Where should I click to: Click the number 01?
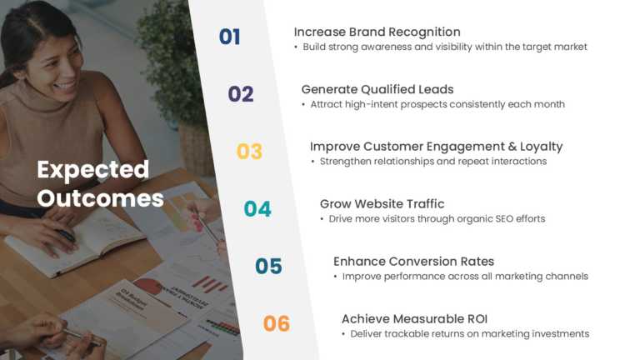[x=229, y=37]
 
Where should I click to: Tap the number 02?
[x=241, y=94]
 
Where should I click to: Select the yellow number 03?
[x=249, y=152]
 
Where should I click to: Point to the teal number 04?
[x=257, y=209]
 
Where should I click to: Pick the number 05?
[x=268, y=267]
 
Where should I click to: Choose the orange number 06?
[x=277, y=323]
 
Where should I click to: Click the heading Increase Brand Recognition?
[x=377, y=32]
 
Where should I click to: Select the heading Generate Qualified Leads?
[x=377, y=89]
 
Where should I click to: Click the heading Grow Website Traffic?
[x=382, y=204]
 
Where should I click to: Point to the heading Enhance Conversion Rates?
[x=413, y=262]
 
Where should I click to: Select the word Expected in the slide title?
[x=92, y=170]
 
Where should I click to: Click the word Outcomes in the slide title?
[x=100, y=198]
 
